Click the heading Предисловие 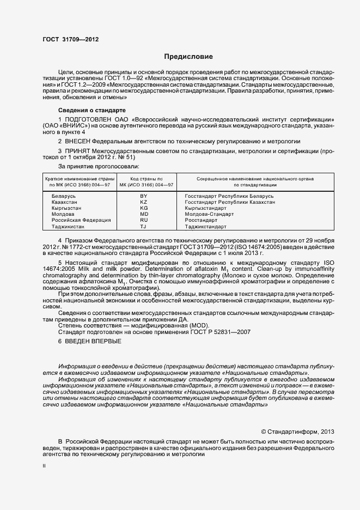[x=188, y=57]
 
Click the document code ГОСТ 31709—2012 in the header [x=71, y=39]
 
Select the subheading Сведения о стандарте [x=91, y=110]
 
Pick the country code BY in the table [x=144, y=196]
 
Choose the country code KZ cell [x=144, y=202]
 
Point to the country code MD [x=144, y=214]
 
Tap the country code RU [x=144, y=220]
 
